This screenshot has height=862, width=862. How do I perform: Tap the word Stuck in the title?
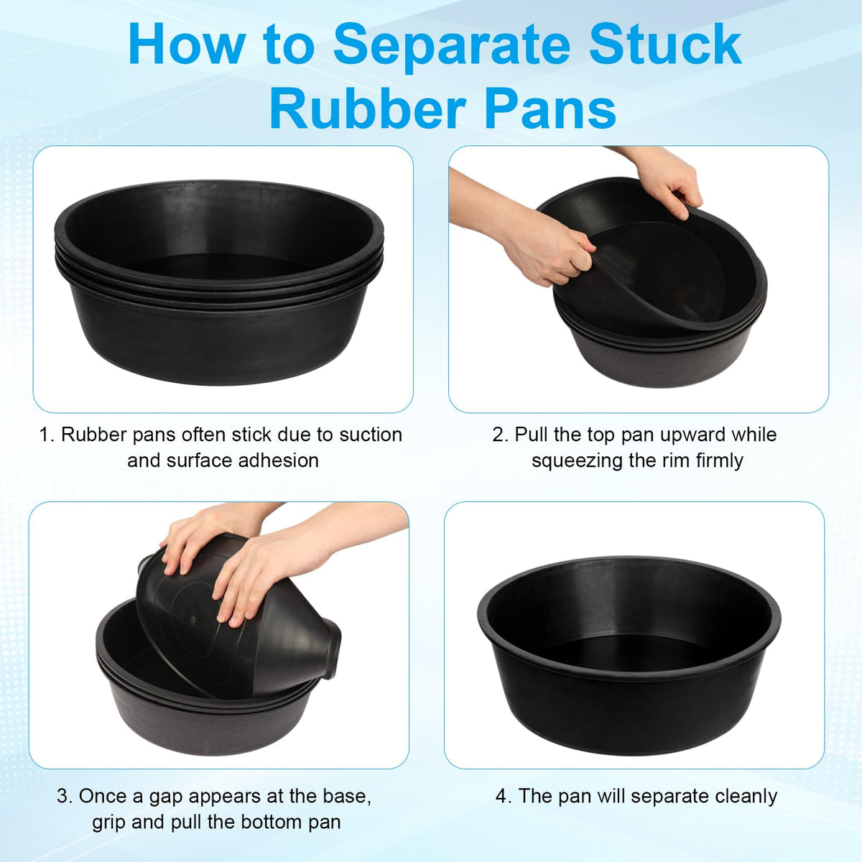pos(665,45)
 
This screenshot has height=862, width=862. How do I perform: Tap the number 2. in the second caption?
pos(501,435)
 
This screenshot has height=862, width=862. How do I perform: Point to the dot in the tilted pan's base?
pos(193,620)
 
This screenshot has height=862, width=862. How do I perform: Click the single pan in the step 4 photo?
pos(629,657)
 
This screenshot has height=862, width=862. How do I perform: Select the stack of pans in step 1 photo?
pos(219,282)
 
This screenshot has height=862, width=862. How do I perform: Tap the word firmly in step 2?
pos(720,460)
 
